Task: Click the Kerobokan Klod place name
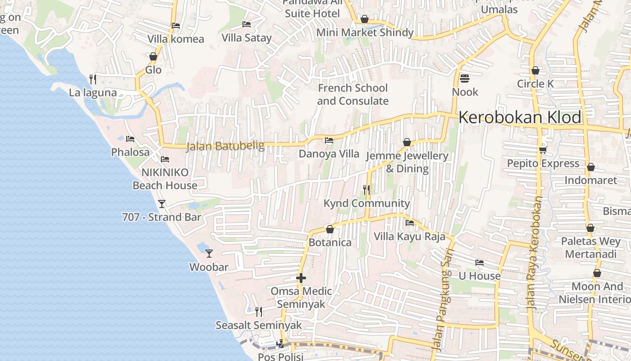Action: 520,117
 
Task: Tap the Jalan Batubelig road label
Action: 219,146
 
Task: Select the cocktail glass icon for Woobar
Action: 209,253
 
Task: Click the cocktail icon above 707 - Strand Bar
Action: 162,204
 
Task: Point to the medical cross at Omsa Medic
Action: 301,278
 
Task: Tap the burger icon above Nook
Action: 465,79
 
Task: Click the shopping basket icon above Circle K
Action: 535,70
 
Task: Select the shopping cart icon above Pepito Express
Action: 543,150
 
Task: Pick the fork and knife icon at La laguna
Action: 93,79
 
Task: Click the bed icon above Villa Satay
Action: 246,24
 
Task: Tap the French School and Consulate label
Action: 352,94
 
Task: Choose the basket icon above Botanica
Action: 330,229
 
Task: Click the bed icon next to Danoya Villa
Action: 329,140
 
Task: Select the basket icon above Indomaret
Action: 590,167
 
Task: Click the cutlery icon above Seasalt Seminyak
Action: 259,311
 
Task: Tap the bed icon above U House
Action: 480,262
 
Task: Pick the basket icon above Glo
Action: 153,56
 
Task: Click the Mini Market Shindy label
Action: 365,32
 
